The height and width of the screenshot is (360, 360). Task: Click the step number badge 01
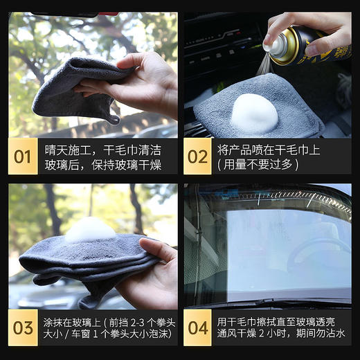pos(23,156)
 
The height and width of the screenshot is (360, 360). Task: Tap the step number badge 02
pos(198,156)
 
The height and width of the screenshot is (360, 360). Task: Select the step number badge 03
pos(23,327)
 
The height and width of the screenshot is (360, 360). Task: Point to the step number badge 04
pos(198,327)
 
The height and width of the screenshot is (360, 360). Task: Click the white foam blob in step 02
pos(253,114)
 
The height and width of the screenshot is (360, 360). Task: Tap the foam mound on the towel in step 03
pos(90,230)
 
